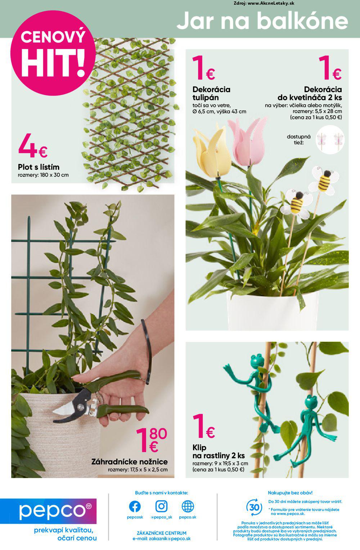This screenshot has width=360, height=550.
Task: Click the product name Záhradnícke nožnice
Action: pyautogui.click(x=130, y=462)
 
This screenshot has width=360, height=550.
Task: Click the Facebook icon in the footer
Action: pyautogui.click(x=135, y=506)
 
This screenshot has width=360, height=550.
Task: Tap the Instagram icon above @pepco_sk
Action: pyautogui.click(x=162, y=506)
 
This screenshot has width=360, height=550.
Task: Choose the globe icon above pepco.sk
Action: pyautogui.click(x=188, y=506)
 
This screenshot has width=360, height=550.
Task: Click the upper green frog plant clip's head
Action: pyautogui.click(x=257, y=360)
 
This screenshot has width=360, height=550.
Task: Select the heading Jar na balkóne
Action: pyautogui.click(x=262, y=21)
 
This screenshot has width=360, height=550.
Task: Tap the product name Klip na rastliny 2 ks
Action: pyautogui.click(x=219, y=452)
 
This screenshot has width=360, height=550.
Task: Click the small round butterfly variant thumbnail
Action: pyautogui.click(x=330, y=139)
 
